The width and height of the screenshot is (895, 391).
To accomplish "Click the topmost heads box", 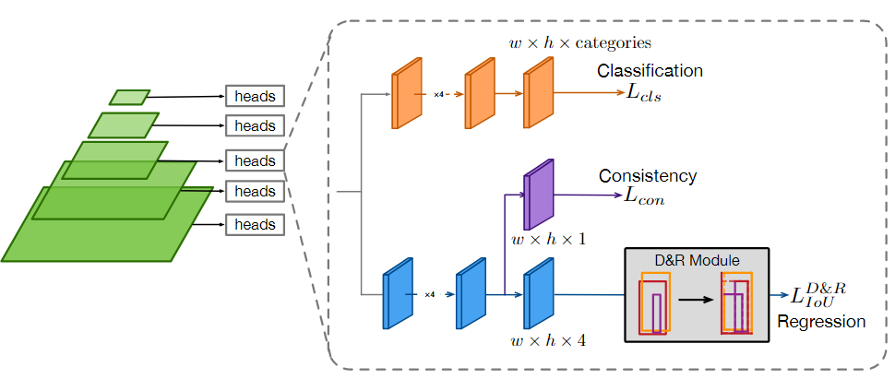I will (x=255, y=96).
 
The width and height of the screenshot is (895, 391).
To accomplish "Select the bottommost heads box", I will (x=255, y=224).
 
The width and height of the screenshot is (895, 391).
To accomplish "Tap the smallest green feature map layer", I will (x=129, y=97).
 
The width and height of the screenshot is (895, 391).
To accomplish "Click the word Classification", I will (x=650, y=71).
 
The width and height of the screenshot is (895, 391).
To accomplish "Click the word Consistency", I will (x=648, y=175).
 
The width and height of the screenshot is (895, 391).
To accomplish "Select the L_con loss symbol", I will (x=644, y=195).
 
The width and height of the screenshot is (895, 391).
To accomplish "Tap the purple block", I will (x=538, y=195).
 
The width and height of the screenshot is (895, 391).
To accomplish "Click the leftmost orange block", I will (x=406, y=93).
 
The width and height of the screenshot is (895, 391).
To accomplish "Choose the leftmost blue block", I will (x=397, y=294).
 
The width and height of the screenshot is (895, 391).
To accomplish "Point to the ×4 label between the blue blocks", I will (x=430, y=295).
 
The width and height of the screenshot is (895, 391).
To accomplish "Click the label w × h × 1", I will (x=548, y=241).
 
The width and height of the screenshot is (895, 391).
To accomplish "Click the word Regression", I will (x=821, y=322).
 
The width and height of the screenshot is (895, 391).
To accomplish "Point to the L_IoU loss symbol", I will (x=817, y=294).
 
